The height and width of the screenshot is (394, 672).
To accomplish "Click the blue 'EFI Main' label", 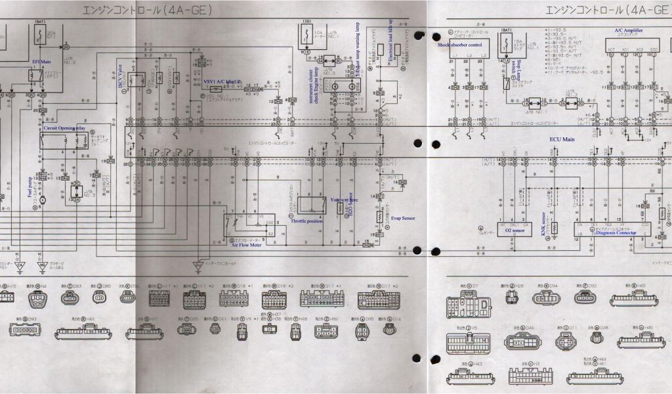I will point(41,60).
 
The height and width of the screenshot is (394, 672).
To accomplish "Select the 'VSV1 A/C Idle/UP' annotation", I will point(223,80).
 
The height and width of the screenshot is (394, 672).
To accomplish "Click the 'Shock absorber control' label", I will point(460,45).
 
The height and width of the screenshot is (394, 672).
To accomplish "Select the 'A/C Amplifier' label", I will point(628,30).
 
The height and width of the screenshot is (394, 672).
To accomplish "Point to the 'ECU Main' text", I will point(562,139).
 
